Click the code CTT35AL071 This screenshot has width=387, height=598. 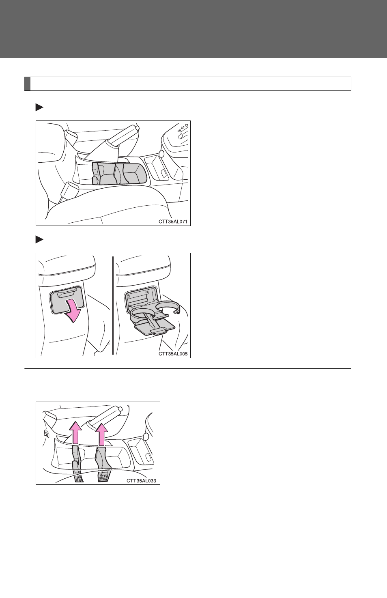pyautogui.click(x=173, y=222)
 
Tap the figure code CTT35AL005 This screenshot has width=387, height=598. pyautogui.click(x=173, y=354)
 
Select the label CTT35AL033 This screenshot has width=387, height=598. pyautogui.click(x=141, y=481)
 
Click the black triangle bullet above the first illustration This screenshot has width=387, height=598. pyautogui.click(x=39, y=108)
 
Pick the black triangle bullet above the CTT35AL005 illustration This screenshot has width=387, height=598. pyautogui.click(x=39, y=239)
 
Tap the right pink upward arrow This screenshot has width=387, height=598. pyautogui.click(x=101, y=434)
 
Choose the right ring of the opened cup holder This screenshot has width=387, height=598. pyautogui.click(x=168, y=307)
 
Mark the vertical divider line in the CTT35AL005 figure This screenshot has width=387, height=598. pyautogui.click(x=113, y=305)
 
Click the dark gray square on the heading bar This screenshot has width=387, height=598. pyautogui.click(x=28, y=84)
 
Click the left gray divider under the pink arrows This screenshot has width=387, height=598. pyautogui.click(x=77, y=463)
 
